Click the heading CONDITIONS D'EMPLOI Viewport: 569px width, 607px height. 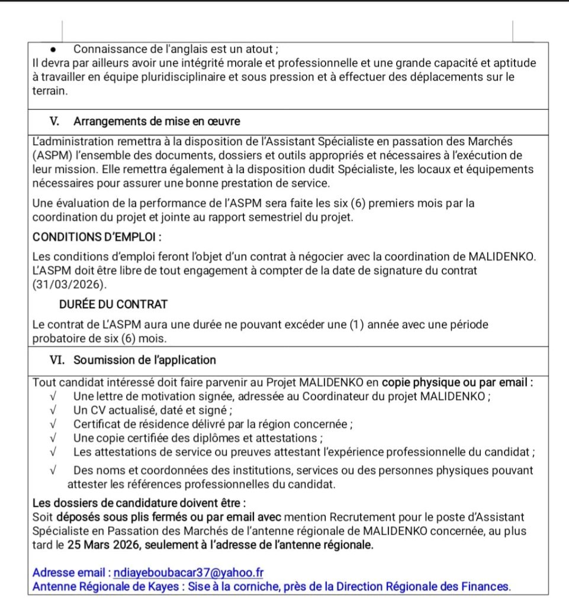tap(97, 237)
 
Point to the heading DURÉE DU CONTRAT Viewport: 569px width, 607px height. tap(113, 304)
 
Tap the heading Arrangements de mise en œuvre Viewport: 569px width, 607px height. tap(157, 122)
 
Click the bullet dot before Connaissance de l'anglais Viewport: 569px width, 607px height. tap(53, 49)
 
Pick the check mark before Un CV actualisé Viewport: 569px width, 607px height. tap(54, 410)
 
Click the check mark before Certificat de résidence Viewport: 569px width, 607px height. tap(54, 424)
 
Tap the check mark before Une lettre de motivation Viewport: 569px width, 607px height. tap(54, 397)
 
